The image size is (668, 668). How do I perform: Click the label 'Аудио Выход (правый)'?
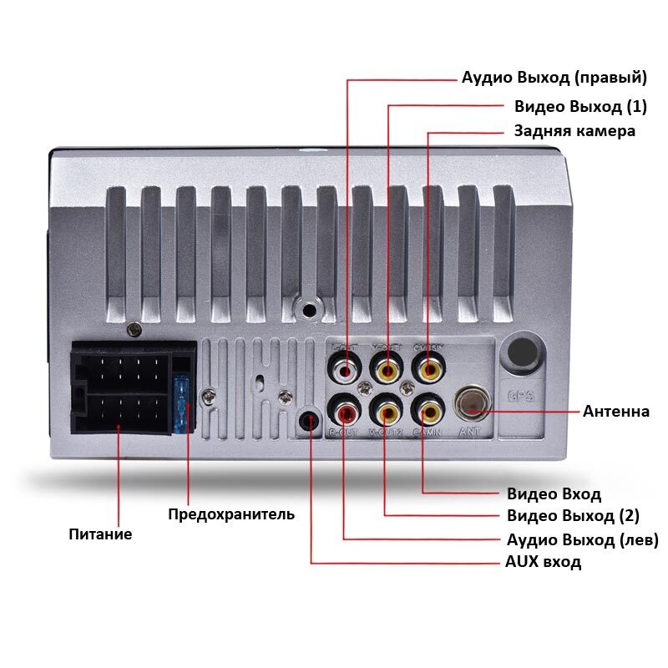(554, 78)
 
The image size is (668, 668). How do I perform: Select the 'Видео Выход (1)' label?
(580, 106)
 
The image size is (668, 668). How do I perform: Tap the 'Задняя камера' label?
(574, 131)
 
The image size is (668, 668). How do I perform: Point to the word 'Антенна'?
(616, 412)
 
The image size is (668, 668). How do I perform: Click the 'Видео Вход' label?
(554, 493)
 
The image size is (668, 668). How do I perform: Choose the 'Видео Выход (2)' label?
(573, 515)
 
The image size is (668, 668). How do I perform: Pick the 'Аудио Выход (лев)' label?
(583, 539)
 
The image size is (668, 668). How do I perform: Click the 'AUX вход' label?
(543, 561)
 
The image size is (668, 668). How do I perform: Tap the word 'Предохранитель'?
(231, 514)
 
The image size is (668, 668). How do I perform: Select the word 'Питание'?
(100, 534)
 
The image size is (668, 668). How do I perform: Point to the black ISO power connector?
(119, 388)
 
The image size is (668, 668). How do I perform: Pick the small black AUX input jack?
(311, 420)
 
